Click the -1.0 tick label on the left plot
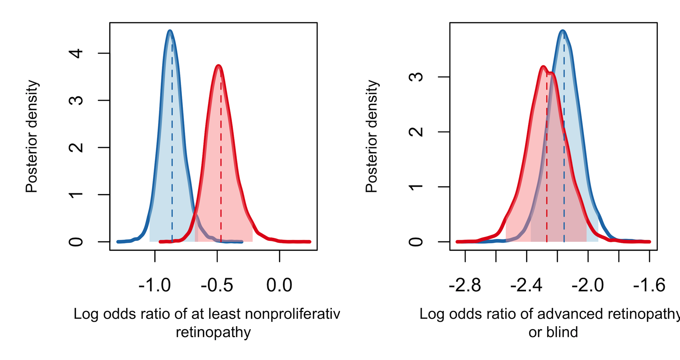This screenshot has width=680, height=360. pyautogui.click(x=155, y=285)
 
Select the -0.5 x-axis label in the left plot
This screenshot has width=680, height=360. pyautogui.click(x=217, y=285)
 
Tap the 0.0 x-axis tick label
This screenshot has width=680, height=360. pyautogui.click(x=279, y=285)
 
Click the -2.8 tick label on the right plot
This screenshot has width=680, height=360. pyautogui.click(x=465, y=285)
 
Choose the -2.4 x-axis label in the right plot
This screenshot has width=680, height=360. pyautogui.click(x=526, y=285)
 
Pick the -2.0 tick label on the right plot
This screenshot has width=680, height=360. pyautogui.click(x=588, y=285)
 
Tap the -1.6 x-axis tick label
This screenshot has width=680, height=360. pyautogui.click(x=649, y=285)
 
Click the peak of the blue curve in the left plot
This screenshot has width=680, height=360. pyautogui.click(x=170, y=31)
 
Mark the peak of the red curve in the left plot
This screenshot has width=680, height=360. pyautogui.click(x=219, y=65)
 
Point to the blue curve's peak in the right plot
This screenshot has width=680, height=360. pyautogui.click(x=563, y=31)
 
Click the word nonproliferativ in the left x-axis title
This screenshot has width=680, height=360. pyautogui.click(x=292, y=314)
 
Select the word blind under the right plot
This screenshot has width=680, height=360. pyautogui.click(x=564, y=332)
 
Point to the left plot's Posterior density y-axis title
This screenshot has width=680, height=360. pyautogui.click(x=32, y=136)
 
